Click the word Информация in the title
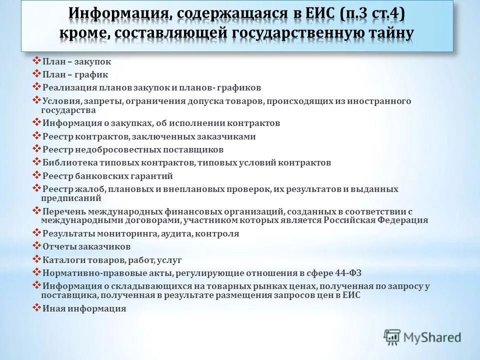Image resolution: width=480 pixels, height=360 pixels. click(119, 13)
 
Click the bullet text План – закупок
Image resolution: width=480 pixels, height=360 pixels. click(76, 62)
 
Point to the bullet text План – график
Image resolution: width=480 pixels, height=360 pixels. click(75, 74)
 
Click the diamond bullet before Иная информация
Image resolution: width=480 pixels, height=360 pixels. click(36, 307)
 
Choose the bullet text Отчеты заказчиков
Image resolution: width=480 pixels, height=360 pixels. click(86, 246)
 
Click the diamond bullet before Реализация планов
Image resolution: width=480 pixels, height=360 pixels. click(36, 86)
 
